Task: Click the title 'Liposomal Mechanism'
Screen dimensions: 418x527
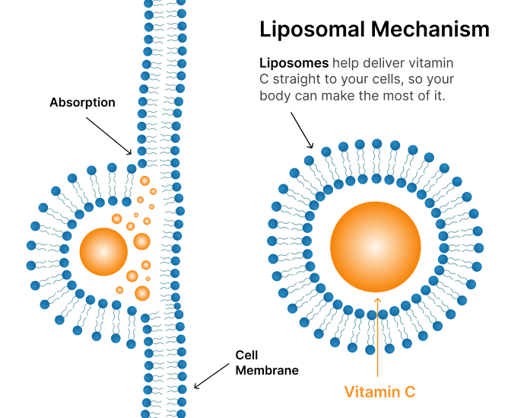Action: pyautogui.click(x=374, y=30)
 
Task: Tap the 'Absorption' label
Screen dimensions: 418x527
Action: pyautogui.click(x=82, y=102)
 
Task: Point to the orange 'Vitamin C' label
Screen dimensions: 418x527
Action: pyautogui.click(x=379, y=392)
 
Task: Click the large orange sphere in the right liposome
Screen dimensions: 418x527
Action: pyautogui.click(x=376, y=246)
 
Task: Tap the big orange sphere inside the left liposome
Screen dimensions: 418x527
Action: pyautogui.click(x=103, y=251)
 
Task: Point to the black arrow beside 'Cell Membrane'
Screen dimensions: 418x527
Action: pyautogui.click(x=212, y=375)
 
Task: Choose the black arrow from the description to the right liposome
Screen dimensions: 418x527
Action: pyautogui.click(x=301, y=128)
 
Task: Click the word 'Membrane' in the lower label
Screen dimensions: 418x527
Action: pyautogui.click(x=266, y=371)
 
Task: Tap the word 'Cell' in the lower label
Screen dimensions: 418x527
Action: pyautogui.click(x=246, y=356)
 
